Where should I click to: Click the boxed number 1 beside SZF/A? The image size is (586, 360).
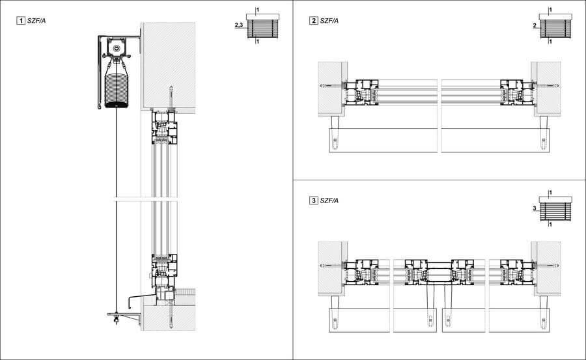21,21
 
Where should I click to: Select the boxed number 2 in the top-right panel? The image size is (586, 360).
314,21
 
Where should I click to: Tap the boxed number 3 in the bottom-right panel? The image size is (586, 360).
314,200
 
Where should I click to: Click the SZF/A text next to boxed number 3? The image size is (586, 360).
329,200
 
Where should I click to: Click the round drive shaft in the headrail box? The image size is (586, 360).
117,48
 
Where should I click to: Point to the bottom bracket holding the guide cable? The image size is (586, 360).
124,316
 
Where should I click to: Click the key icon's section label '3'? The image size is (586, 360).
534,209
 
